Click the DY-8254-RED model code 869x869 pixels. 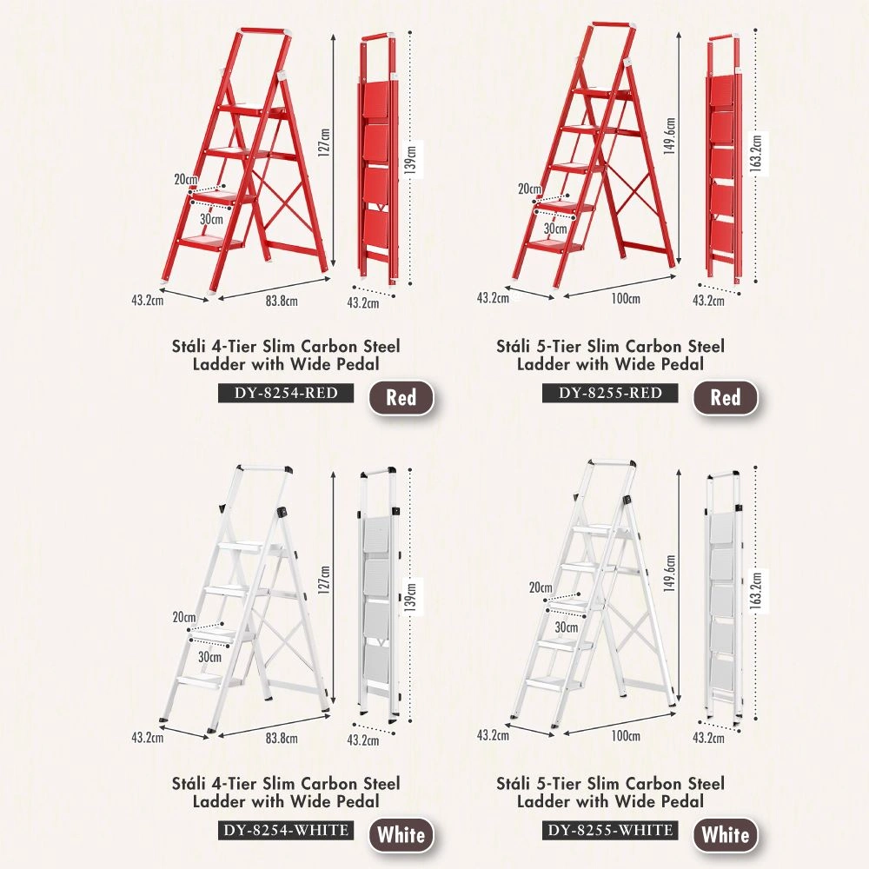pyautogui.click(x=286, y=393)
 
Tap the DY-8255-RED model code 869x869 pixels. pyautogui.click(x=610, y=393)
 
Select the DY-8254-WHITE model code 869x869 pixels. pyautogui.click(x=286, y=831)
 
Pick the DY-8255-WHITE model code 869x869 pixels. pyautogui.click(x=610, y=831)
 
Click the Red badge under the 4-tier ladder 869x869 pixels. pyautogui.click(x=401, y=398)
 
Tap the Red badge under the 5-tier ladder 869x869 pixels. pyautogui.click(x=725, y=398)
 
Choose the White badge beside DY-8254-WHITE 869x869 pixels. pyautogui.click(x=401, y=836)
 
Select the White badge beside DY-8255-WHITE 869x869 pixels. pyautogui.click(x=725, y=836)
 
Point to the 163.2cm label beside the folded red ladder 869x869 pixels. pyautogui.click(x=756, y=153)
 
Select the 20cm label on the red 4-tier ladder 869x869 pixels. pyautogui.click(x=184, y=180)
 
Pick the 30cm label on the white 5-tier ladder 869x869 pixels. pyautogui.click(x=567, y=627)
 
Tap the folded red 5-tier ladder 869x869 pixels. pyautogui.click(x=723, y=156)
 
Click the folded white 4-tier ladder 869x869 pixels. pyautogui.click(x=379, y=591)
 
